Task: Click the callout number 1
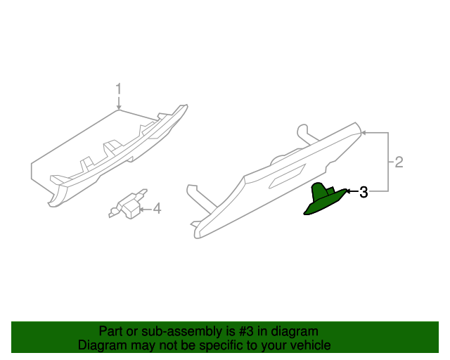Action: [119, 89]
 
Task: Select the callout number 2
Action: [398, 162]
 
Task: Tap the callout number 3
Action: [364, 192]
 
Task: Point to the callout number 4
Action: [157, 208]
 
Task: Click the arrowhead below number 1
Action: [119, 106]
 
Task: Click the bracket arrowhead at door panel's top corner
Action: [364, 132]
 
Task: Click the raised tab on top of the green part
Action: [320, 188]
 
